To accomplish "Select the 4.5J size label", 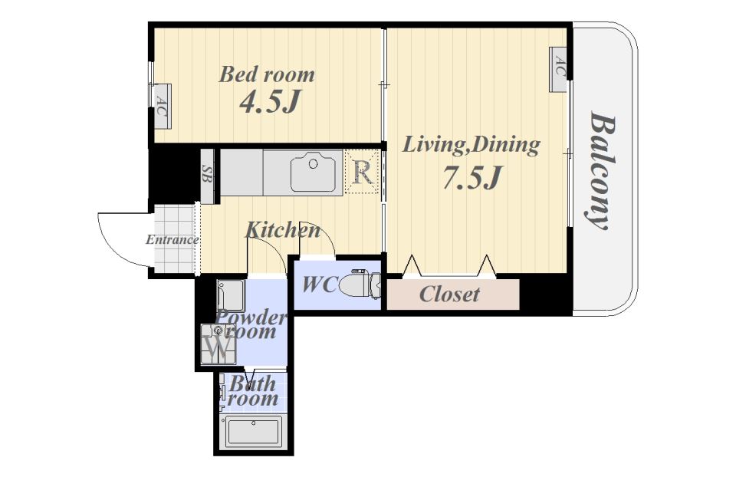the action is [x=269, y=102].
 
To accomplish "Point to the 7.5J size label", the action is [x=473, y=177].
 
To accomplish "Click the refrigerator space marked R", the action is [x=362, y=171].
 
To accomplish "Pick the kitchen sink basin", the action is [x=313, y=172].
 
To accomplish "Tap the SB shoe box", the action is [x=207, y=176].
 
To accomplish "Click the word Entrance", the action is [x=172, y=240].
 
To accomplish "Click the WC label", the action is [x=320, y=285].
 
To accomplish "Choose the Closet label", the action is [x=449, y=294].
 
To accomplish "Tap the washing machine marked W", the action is [x=219, y=344].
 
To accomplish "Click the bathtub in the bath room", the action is [x=254, y=432].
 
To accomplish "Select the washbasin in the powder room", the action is [x=231, y=295].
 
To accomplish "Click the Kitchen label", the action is [x=283, y=230].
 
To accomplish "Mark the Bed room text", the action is [x=267, y=74].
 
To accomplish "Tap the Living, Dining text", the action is [x=472, y=145].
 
